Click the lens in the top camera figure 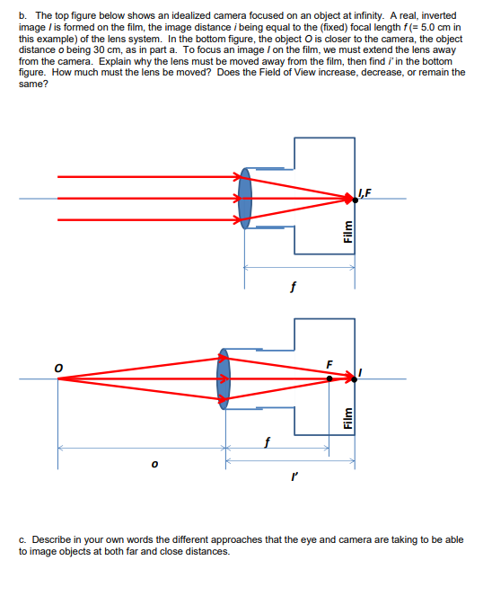pyautogui.click(x=245, y=198)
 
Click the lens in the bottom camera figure pyautogui.click(x=224, y=379)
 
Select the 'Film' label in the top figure pyautogui.click(x=346, y=233)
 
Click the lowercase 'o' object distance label pyautogui.click(x=154, y=465)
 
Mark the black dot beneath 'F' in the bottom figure pyautogui.click(x=329, y=379)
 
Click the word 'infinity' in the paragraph pyautogui.click(x=342, y=16)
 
